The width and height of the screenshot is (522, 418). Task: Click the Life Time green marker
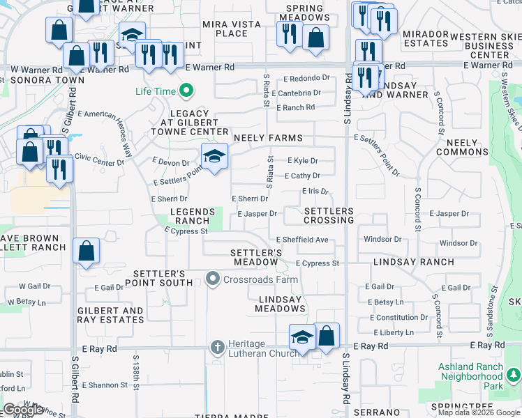186,91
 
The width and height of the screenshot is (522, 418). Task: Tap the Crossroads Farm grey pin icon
214,279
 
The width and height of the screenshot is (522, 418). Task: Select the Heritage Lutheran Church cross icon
217,346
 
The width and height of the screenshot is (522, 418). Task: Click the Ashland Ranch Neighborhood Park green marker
514,376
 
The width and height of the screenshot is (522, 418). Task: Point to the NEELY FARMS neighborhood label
268,139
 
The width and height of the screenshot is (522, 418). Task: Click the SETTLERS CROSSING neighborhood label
329,215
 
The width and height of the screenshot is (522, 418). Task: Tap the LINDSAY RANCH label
413,263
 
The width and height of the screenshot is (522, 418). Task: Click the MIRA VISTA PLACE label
231,29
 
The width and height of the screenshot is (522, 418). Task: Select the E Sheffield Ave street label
301,240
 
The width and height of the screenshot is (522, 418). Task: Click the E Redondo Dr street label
306,78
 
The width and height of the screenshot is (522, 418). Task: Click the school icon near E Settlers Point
215,156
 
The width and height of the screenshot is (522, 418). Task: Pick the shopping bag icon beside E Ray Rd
327,336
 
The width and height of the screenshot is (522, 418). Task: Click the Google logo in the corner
23,410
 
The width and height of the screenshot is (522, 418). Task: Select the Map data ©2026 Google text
479,412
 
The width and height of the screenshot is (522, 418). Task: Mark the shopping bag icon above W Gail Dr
85,251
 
